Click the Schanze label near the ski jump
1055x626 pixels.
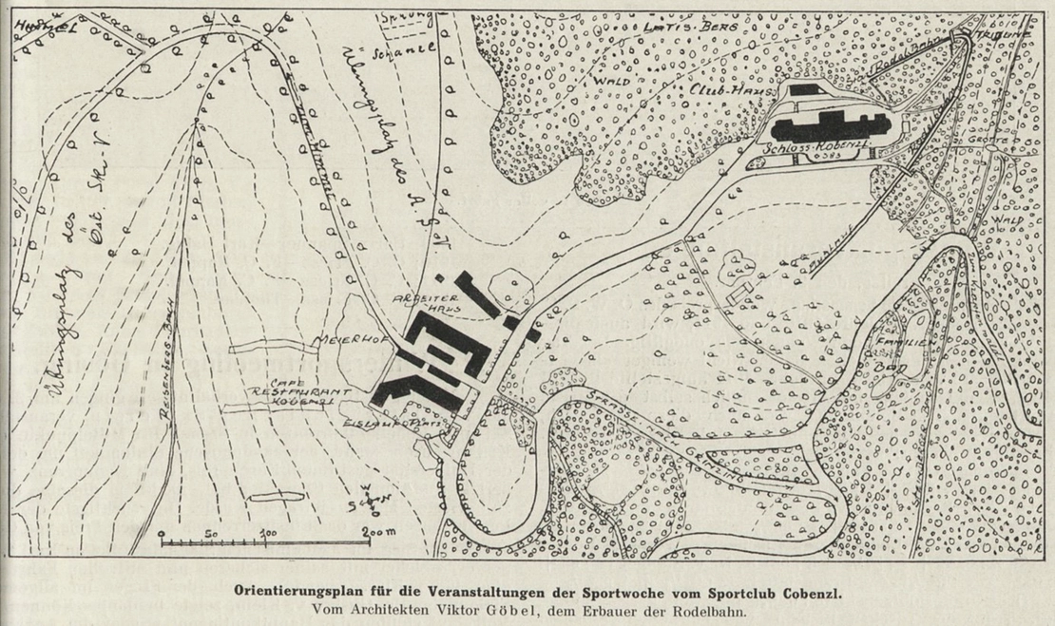click(405, 49)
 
